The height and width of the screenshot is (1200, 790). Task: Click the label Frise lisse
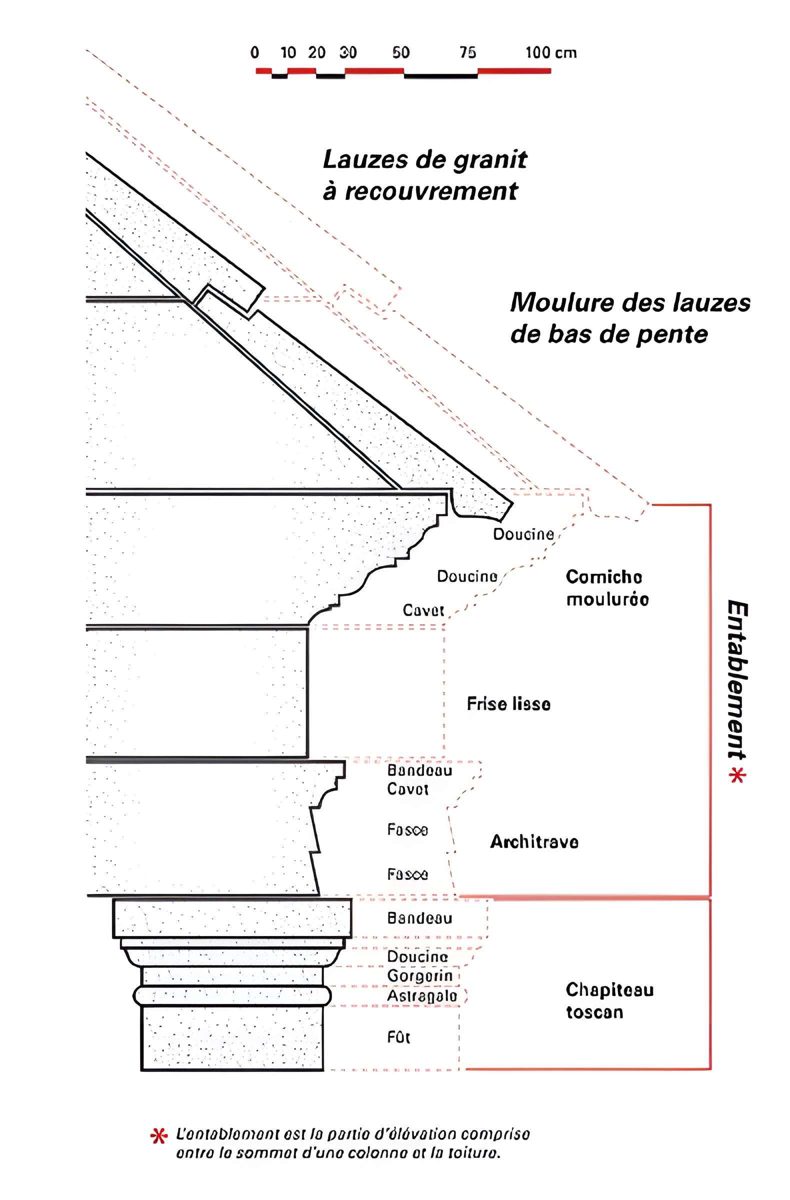tap(508, 704)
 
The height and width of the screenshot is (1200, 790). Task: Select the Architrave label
tap(534, 841)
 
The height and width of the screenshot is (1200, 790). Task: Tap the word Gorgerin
tap(419, 975)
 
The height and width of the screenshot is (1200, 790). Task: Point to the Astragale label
tap(422, 996)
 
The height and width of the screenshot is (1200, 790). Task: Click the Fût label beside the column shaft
tap(398, 1037)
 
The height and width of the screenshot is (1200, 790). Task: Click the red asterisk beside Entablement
tap(737, 775)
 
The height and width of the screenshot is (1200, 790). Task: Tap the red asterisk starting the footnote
tap(159, 1136)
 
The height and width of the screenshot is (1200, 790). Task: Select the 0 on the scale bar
tap(254, 52)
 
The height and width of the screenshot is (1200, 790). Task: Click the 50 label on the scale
tap(401, 52)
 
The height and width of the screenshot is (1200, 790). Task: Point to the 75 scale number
tap(467, 52)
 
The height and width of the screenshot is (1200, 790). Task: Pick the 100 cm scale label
tap(550, 52)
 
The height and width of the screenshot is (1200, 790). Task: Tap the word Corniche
tap(603, 577)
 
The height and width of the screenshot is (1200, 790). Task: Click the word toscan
tap(594, 1012)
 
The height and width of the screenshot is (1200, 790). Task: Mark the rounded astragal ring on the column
tap(232, 996)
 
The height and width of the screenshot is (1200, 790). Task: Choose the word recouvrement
tap(431, 191)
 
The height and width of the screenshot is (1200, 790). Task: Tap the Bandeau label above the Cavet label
tap(419, 770)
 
